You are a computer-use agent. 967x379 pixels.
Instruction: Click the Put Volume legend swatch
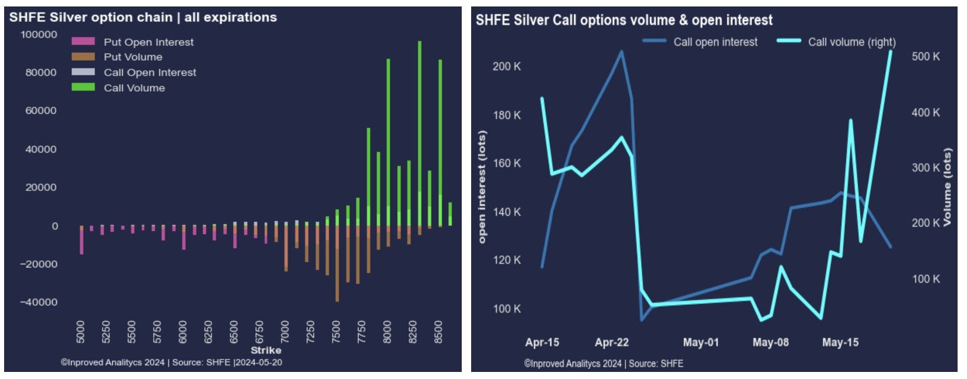[x=83, y=57]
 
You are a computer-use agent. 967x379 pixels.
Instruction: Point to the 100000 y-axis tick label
[x=39, y=35]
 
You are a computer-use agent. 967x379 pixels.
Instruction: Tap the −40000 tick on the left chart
[x=39, y=302]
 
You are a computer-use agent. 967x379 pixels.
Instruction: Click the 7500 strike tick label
[x=336, y=332]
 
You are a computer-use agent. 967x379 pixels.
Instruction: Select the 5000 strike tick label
[x=81, y=332]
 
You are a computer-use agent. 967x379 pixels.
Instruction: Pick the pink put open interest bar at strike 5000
[x=81, y=240]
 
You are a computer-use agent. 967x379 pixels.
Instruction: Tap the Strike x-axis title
[x=266, y=351]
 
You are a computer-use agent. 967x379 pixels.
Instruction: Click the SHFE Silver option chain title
[x=143, y=18]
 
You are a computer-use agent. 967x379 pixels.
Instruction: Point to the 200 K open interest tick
[x=506, y=67]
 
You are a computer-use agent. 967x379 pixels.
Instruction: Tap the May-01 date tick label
[x=701, y=343]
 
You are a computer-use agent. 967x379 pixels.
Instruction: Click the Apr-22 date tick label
[x=612, y=343]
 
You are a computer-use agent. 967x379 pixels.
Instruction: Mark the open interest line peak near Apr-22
[x=622, y=51]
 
